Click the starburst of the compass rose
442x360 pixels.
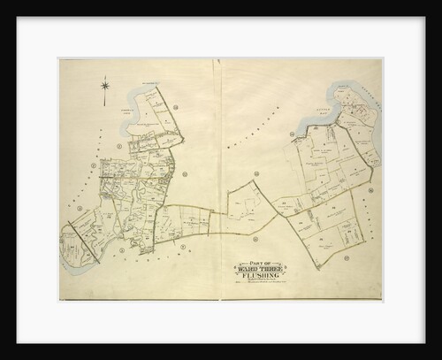pyautogui.click(x=105, y=86)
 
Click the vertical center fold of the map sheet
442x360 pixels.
pyautogui.click(x=221, y=177)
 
